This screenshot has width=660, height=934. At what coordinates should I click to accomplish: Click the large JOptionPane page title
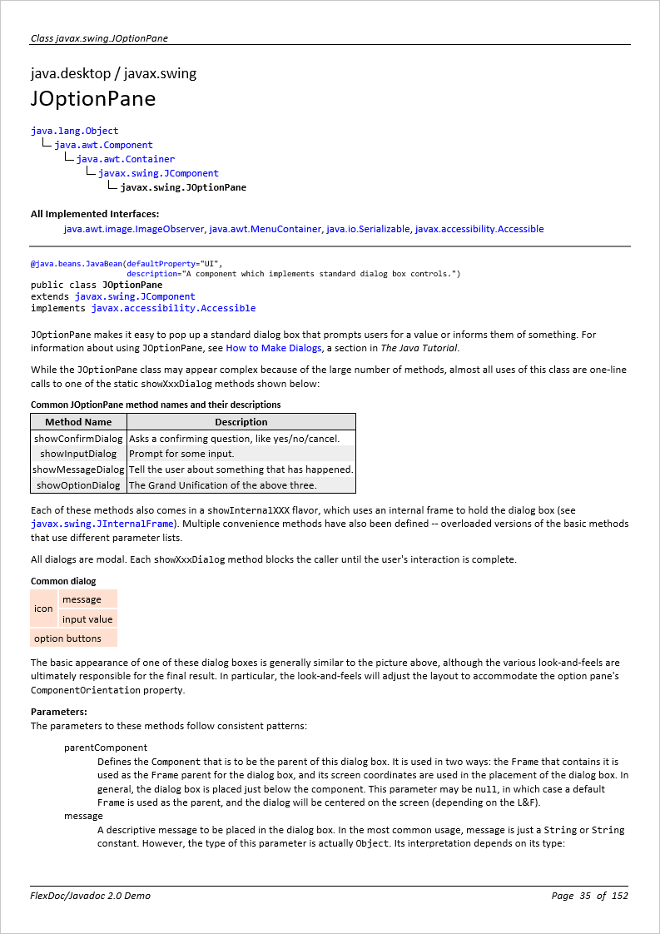pos(93,99)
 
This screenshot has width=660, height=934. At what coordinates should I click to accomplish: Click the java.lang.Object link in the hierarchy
pos(75,131)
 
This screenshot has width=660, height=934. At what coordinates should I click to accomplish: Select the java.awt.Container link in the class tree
pos(126,159)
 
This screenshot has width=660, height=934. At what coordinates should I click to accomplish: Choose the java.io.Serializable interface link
pos(368,229)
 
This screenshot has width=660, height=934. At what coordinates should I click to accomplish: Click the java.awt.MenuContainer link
pos(265,229)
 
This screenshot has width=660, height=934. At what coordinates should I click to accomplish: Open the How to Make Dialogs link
pos(273,348)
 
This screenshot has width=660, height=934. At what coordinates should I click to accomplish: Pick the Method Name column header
pos(78,422)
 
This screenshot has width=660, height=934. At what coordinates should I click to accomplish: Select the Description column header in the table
pos(241,422)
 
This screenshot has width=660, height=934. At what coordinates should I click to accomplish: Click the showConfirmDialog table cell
pos(78,438)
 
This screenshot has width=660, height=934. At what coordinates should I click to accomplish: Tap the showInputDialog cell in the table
pos(78,454)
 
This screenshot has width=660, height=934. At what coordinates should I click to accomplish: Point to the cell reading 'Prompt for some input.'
pos(181,454)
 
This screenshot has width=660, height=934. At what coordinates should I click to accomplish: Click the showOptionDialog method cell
pos(78,485)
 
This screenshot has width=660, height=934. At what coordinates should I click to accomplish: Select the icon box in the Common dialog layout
pos(43,609)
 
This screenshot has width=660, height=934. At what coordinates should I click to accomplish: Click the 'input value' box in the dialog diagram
pos(87,619)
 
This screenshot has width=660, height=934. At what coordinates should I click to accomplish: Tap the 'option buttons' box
pos(67,638)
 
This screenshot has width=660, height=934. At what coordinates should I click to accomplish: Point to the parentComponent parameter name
pos(106,748)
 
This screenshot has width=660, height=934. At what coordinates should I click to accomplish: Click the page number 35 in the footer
pos(584,896)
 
